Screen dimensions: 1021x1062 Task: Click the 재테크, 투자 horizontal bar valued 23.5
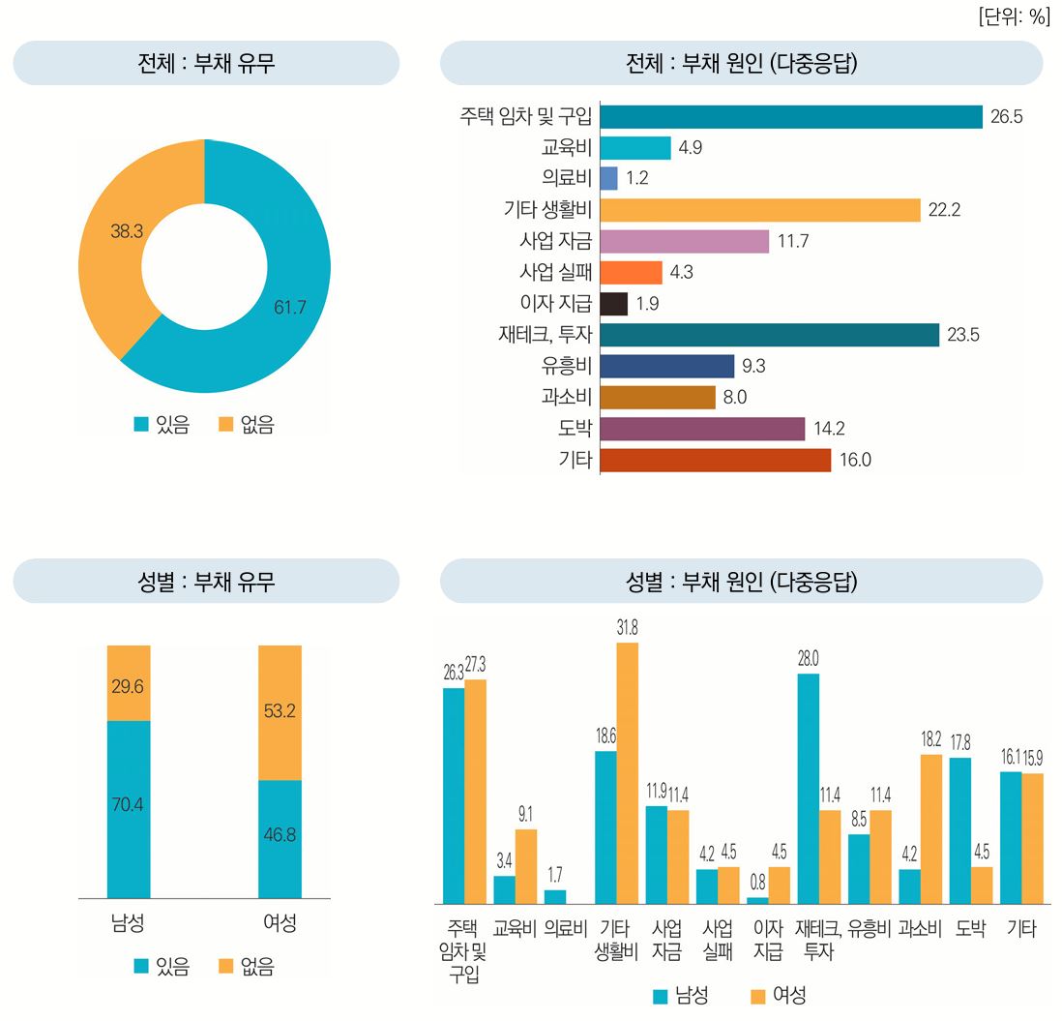pyautogui.click(x=769, y=335)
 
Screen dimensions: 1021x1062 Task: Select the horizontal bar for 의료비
pyautogui.click(x=608, y=178)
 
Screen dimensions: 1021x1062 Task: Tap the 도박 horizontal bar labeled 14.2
pyautogui.click(x=702, y=429)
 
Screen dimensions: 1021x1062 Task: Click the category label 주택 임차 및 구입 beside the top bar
pyautogui.click(x=526, y=116)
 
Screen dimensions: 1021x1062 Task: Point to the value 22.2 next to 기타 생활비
pyautogui.click(x=943, y=210)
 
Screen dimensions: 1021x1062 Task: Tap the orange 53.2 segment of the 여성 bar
pyautogui.click(x=280, y=712)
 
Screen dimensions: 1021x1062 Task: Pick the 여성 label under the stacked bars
pyautogui.click(x=280, y=923)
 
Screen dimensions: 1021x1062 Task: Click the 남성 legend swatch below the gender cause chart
pyautogui.click(x=662, y=996)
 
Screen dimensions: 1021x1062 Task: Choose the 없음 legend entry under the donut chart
pyautogui.click(x=247, y=425)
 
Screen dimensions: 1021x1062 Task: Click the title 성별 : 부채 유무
pyautogui.click(x=206, y=582)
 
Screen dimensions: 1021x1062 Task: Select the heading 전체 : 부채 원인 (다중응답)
pyautogui.click(x=741, y=64)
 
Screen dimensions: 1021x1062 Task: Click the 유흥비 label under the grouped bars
pyautogui.click(x=869, y=929)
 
